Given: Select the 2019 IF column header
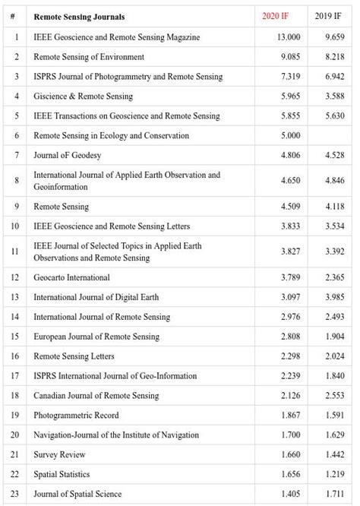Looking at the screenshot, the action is click(x=329, y=17).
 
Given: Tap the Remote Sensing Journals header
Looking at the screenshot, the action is click(x=79, y=17).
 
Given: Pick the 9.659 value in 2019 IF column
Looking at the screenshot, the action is click(x=334, y=36).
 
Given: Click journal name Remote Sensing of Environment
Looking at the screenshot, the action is click(x=89, y=57).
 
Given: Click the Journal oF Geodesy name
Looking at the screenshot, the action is click(x=67, y=156).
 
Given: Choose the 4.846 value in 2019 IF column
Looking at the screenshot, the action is click(x=334, y=181).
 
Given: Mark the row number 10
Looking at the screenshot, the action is click(x=15, y=226).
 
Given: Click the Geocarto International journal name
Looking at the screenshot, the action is click(x=71, y=277).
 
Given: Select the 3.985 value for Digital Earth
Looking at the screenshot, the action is click(x=334, y=297).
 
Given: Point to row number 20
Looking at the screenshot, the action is click(x=15, y=435).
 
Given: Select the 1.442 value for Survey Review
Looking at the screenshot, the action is click(x=334, y=454).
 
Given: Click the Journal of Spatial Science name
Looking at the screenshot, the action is click(x=77, y=494).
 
